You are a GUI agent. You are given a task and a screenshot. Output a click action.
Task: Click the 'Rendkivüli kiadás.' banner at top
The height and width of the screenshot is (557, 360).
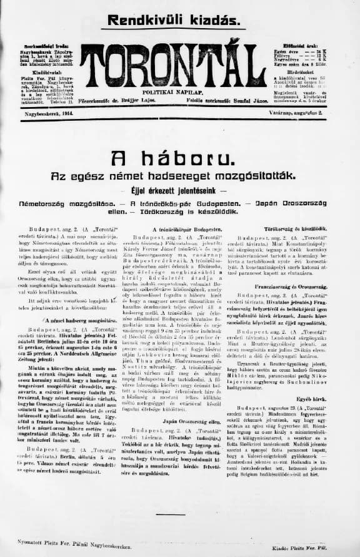click(x=173, y=20)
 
